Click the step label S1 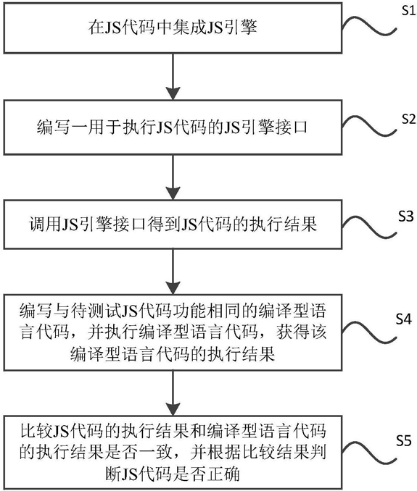click(408, 10)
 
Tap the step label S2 click(408, 119)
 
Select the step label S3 click(406, 217)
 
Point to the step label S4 click(403, 319)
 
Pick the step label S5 click(403, 441)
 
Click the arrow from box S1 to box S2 click(173, 77)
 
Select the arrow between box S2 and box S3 click(173, 177)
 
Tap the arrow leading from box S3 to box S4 click(173, 272)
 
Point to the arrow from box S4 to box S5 click(173, 393)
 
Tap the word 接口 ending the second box click(291, 127)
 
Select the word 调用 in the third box click(45, 224)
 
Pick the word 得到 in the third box click(165, 224)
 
